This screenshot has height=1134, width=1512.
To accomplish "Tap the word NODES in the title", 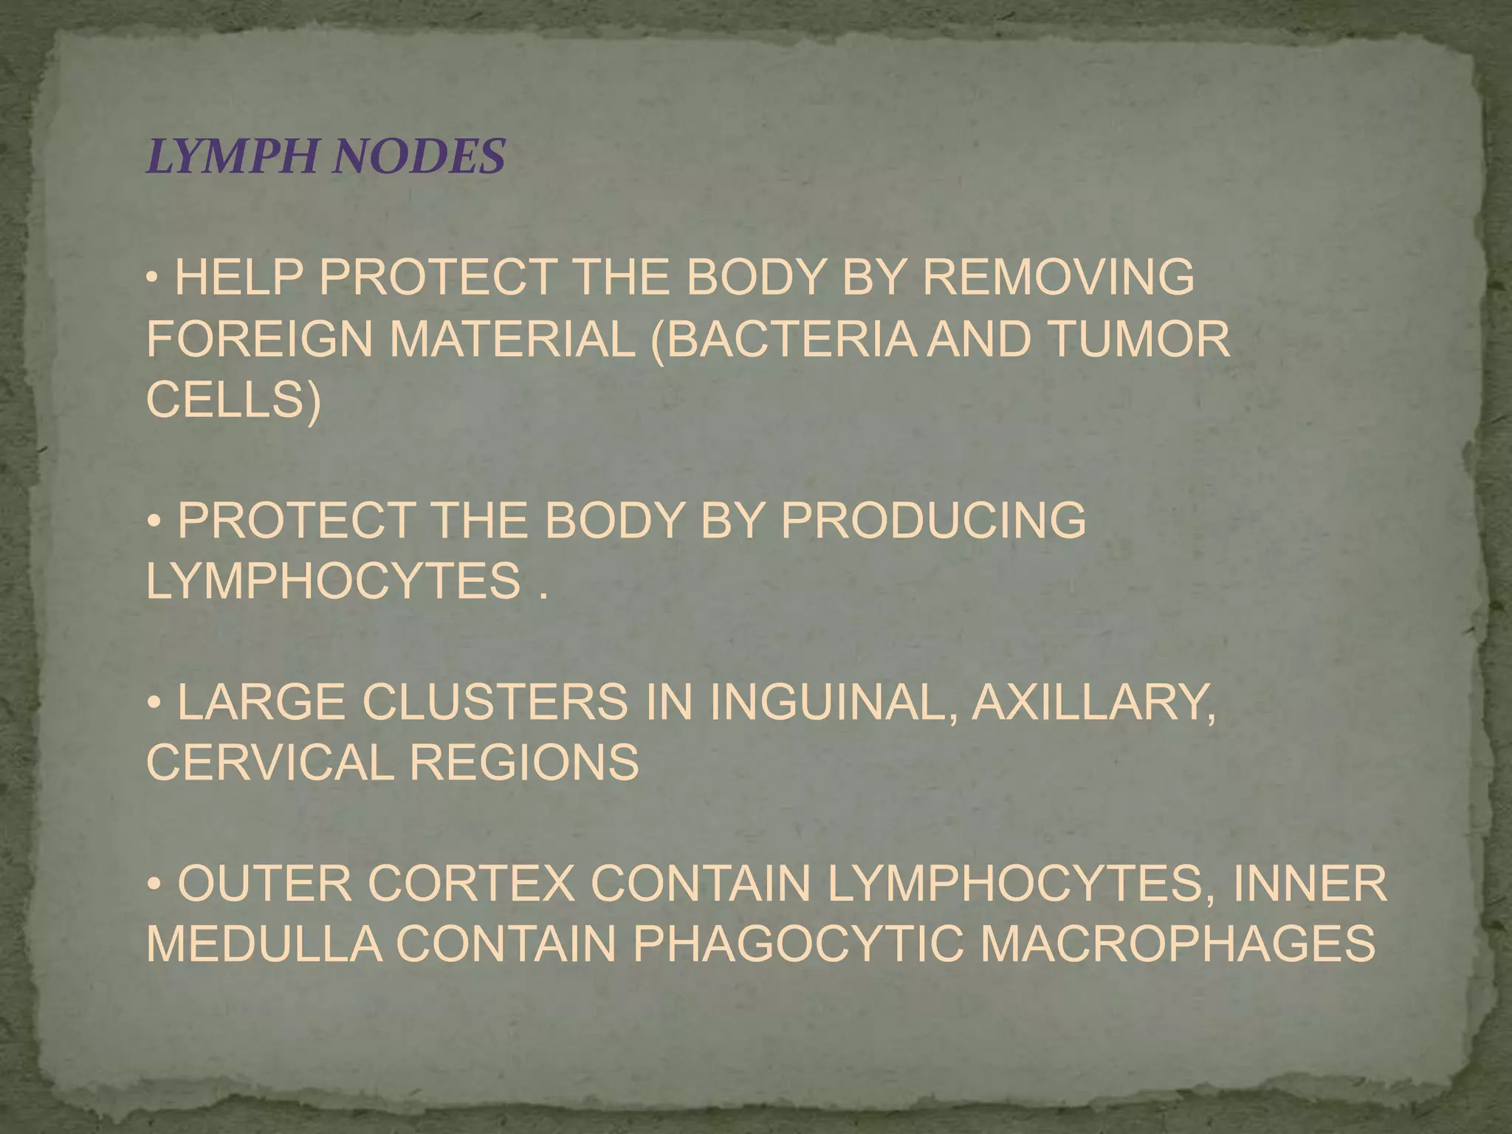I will point(418,157).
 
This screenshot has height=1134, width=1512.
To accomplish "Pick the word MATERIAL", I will point(512,339).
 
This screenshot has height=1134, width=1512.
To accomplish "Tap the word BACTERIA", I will point(787,339).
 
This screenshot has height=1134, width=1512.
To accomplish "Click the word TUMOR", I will point(1138,339).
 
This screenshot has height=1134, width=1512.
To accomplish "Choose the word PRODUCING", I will point(933,520).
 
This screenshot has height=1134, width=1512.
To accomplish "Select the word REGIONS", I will point(524,762).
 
